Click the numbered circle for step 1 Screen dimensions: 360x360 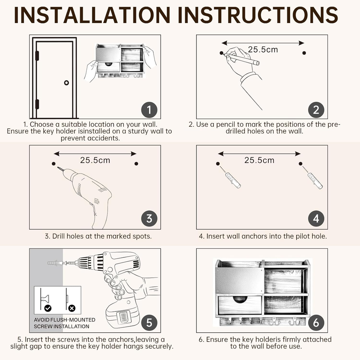coord(149,110)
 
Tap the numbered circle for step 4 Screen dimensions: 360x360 coord(316,219)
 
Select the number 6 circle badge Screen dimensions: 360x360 coord(316,323)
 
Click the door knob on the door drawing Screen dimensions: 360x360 coord(66,83)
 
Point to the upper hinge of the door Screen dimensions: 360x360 coord(37,55)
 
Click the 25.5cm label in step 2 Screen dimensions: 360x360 coord(263,50)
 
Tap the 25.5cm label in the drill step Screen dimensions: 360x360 coord(95,160)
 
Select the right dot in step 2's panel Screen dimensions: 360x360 coord(304,53)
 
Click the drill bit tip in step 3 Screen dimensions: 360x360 coord(58,167)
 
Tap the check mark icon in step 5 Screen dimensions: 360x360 coord(48,308)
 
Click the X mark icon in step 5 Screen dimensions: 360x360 coord(72,308)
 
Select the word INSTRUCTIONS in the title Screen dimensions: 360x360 coord(258,15)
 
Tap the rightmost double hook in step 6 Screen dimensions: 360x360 coord(295,321)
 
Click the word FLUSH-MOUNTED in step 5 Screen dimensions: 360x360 coord(73,320)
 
